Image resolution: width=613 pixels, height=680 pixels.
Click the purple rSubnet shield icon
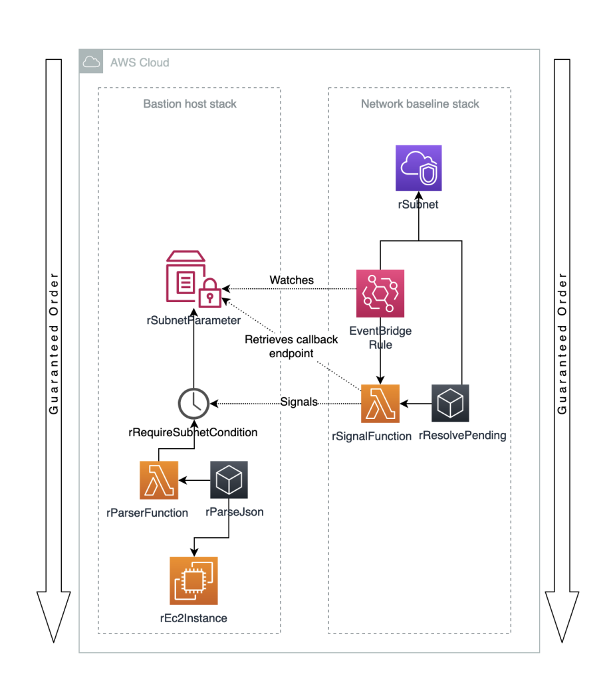coord(418,169)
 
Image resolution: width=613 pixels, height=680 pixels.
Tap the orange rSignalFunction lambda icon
coord(380,403)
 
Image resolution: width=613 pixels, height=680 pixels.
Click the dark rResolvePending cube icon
coord(449,403)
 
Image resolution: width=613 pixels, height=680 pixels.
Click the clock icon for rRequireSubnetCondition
coord(193,402)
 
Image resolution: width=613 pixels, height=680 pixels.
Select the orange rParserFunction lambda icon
coord(159,480)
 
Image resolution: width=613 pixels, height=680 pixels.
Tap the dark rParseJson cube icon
coord(229,480)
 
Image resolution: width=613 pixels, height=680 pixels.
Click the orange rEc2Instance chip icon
coord(193,581)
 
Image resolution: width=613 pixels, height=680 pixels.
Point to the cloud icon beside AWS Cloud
coord(91,62)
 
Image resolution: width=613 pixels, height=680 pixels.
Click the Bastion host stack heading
coord(190,104)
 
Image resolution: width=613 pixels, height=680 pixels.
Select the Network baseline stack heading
coord(420,104)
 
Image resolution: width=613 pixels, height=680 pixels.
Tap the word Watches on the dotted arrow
coord(291,280)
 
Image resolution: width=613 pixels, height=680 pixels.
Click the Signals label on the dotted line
coord(299,402)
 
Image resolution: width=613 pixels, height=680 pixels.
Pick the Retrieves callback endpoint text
coord(291,347)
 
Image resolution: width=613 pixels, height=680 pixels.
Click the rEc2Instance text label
coord(193,618)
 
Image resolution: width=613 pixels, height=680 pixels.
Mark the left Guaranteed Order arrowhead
coord(53,614)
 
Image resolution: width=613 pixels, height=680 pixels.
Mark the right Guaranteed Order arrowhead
coord(562,614)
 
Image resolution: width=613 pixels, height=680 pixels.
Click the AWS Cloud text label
coord(140,62)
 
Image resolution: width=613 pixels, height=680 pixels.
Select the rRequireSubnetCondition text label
coord(193,432)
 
